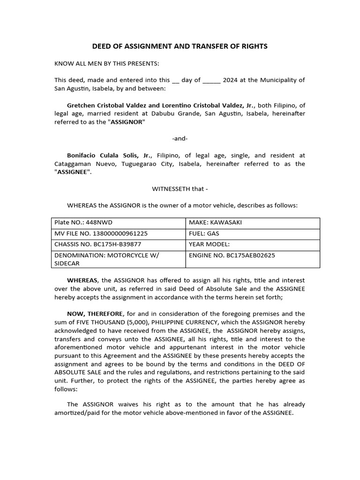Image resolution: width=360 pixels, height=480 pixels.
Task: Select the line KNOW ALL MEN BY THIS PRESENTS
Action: click(106, 63)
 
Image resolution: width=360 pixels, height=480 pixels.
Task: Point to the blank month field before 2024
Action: click(211, 81)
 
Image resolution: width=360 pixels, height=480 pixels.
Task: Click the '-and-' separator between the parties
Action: click(180, 138)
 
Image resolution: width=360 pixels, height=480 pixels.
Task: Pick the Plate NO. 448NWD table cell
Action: click(118, 223)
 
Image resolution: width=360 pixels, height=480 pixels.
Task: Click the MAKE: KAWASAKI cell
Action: click(252, 223)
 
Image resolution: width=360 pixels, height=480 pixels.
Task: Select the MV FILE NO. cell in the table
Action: click(118, 233)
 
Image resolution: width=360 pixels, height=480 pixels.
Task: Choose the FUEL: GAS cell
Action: click(252, 233)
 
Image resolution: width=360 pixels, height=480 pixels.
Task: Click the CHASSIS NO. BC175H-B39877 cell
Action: click(118, 244)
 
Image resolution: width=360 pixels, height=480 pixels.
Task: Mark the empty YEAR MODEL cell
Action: click(252, 244)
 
